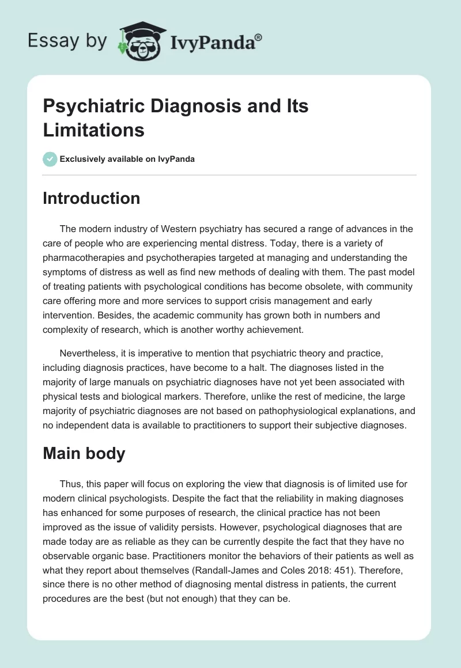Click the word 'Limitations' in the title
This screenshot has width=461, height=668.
pyautogui.click(x=93, y=130)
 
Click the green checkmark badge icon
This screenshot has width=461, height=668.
pyautogui.click(x=50, y=159)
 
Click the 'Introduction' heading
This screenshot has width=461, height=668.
pyautogui.click(x=92, y=198)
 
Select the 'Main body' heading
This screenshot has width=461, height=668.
pyautogui.click(x=84, y=453)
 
